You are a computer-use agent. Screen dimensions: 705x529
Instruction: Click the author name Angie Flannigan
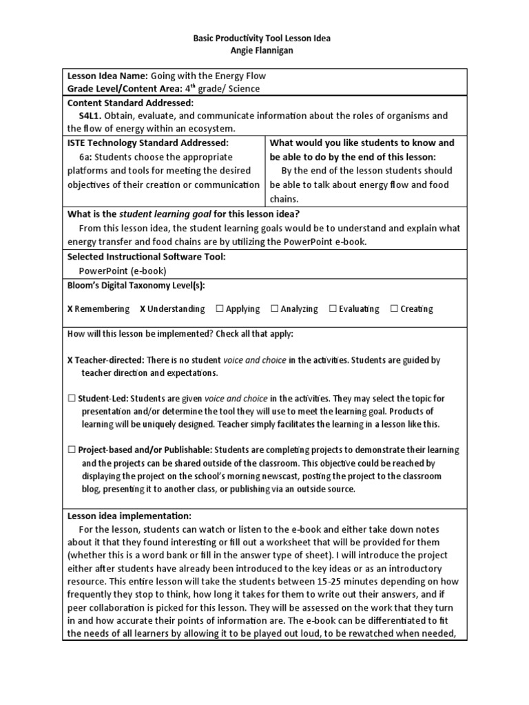[265, 51]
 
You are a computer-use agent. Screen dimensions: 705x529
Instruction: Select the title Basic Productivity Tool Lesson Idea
[264, 39]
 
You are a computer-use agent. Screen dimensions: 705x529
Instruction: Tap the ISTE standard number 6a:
[88, 157]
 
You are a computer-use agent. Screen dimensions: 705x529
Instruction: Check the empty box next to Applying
[220, 308]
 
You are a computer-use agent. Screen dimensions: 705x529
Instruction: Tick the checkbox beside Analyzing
[275, 308]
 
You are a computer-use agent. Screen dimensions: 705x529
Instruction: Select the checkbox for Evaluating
[333, 308]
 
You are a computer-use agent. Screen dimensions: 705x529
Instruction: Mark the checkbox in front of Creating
[394, 308]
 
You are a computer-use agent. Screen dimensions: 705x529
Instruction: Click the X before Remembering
[70, 308]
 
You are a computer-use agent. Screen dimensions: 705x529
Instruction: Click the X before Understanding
[143, 308]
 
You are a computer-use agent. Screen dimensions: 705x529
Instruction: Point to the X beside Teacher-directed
[70, 360]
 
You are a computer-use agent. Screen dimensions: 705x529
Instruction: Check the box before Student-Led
[71, 398]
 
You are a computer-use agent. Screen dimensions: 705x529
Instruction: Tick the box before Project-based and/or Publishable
[71, 450]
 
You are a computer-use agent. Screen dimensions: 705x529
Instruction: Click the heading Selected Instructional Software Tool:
[146, 256]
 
